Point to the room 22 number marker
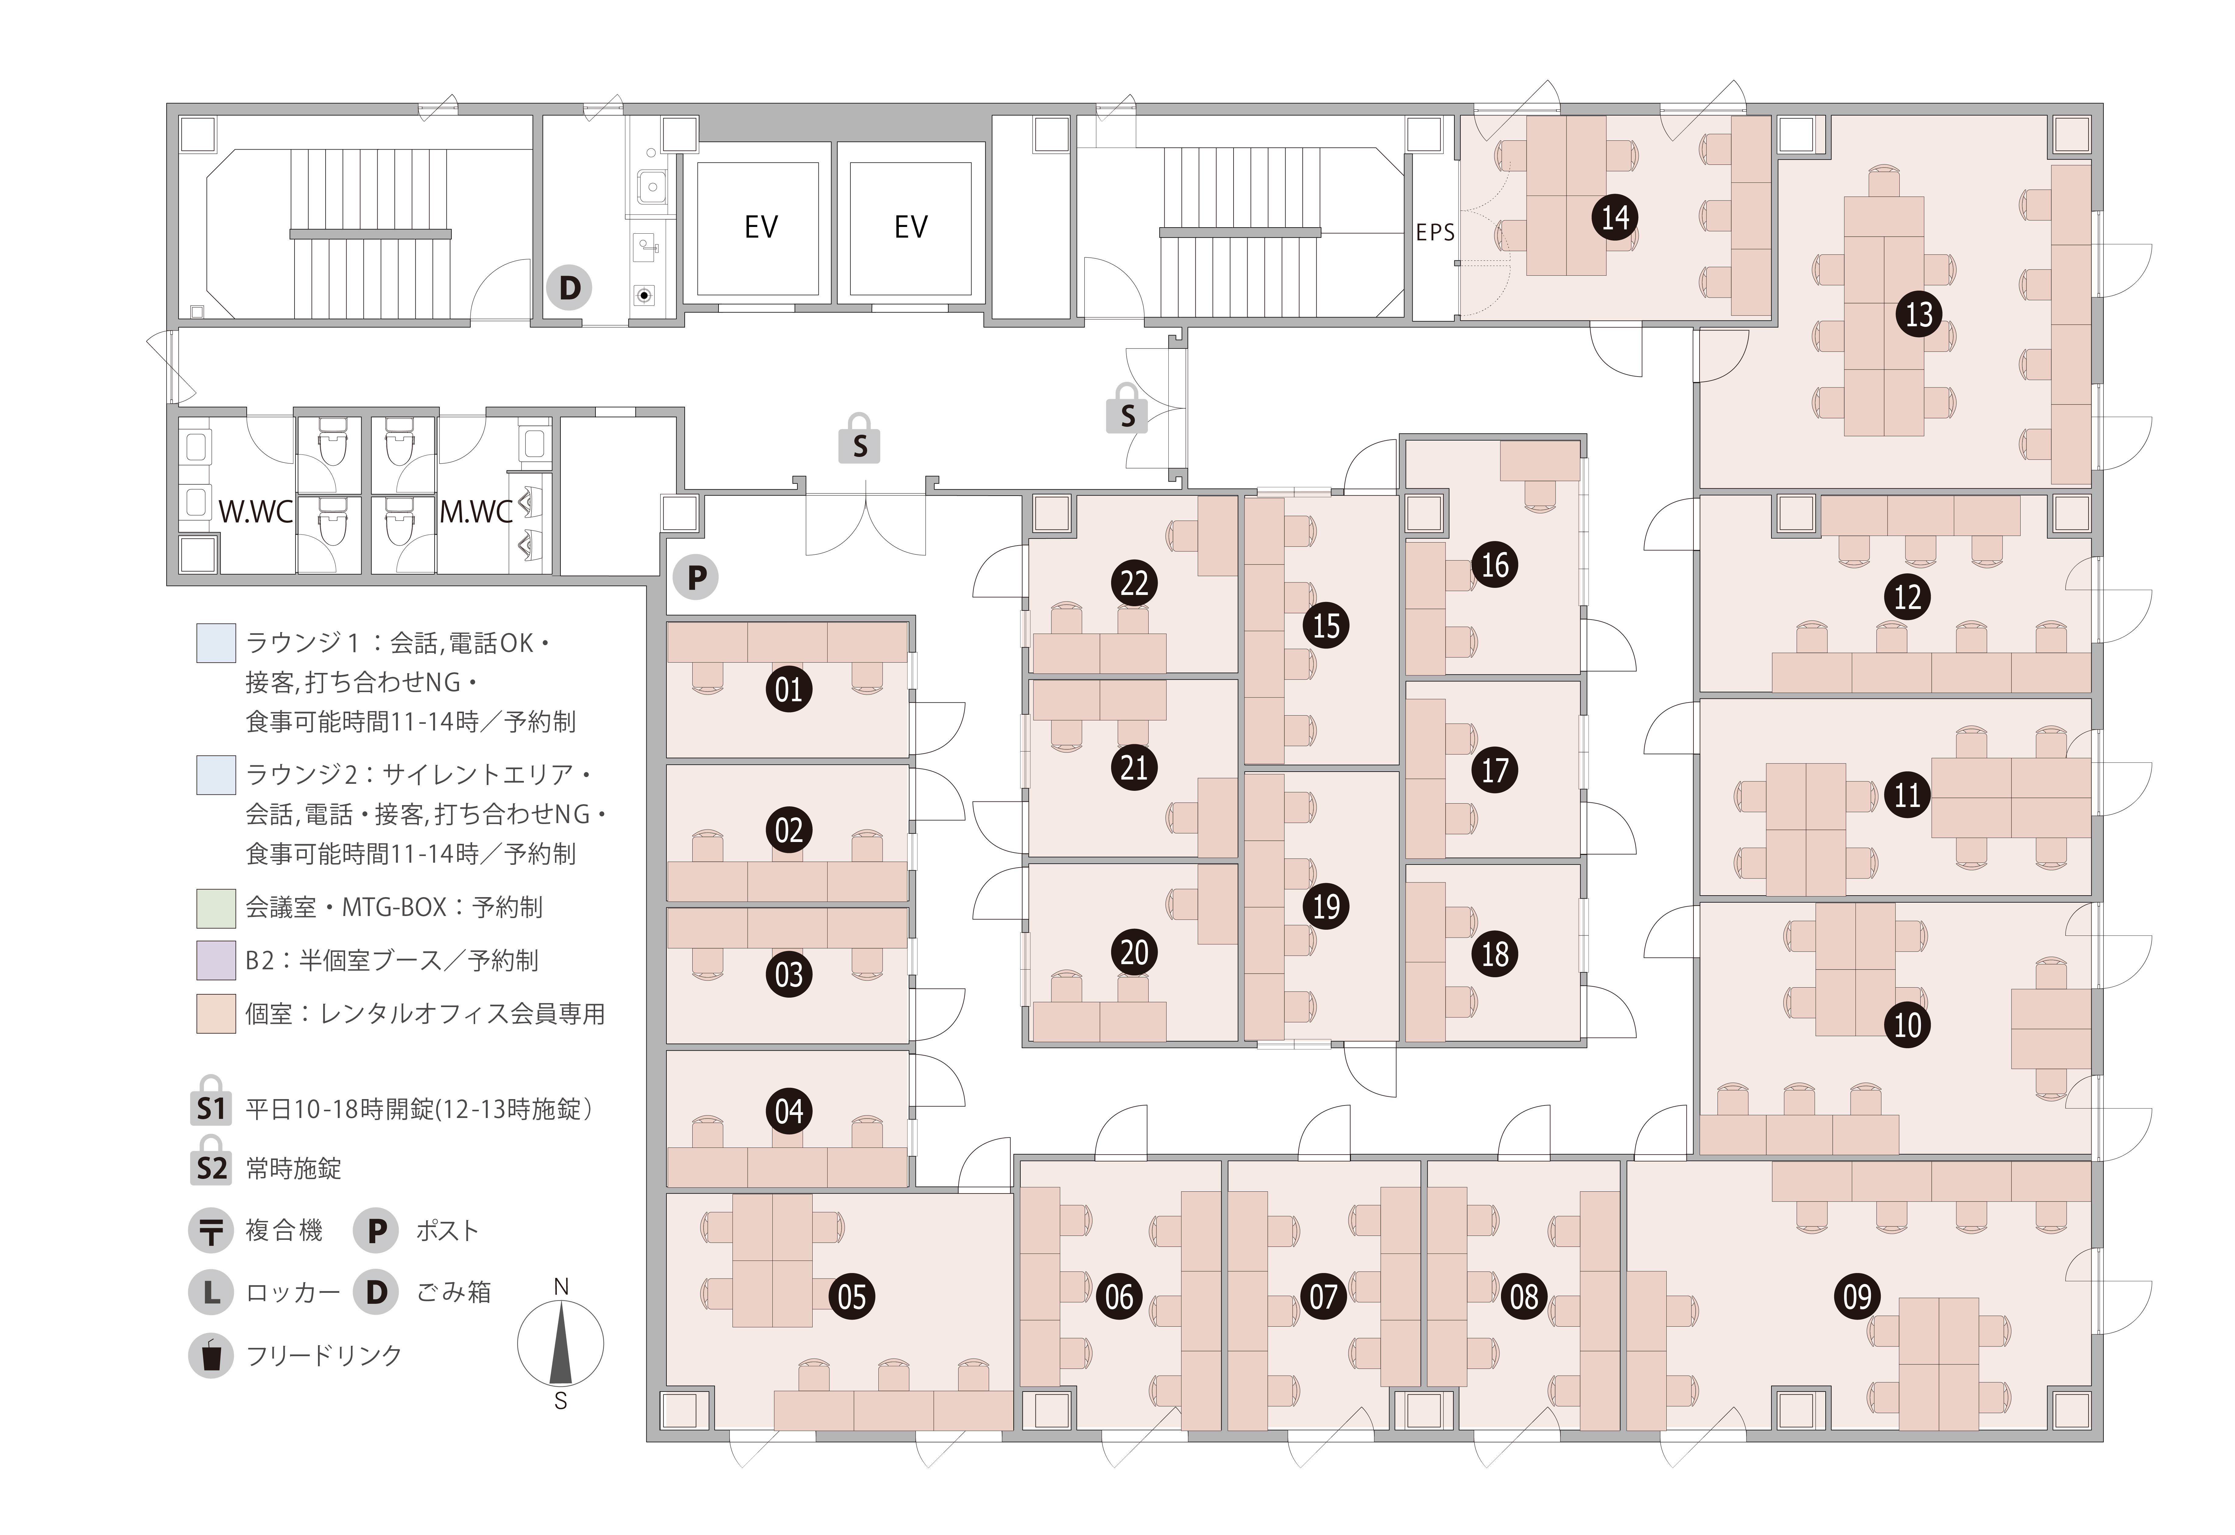coord(1135,583)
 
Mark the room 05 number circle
coord(852,1296)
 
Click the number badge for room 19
coord(1326,906)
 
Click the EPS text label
coord(1435,232)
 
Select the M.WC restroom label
coord(476,512)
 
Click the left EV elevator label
coord(761,227)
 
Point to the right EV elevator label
coord(911,227)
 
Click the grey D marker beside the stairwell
coord(569,288)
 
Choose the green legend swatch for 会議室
coord(216,907)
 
